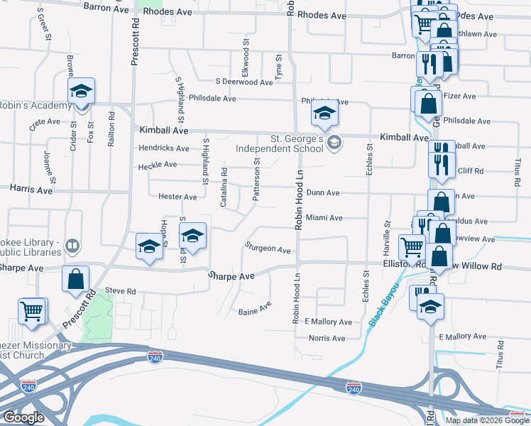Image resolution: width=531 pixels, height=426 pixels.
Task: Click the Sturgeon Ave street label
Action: point(268,250)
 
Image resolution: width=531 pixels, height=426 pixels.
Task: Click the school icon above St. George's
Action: point(324,114)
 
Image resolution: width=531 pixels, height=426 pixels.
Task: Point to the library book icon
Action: point(72,246)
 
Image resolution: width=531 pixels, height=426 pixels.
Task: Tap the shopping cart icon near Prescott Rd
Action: point(32,312)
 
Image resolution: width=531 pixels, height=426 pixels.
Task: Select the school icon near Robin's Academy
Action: point(82,92)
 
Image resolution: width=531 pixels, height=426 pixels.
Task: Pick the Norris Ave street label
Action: point(326,338)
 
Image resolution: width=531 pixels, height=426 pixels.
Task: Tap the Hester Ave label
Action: point(177,197)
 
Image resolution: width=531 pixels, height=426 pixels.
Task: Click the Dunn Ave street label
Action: point(323,192)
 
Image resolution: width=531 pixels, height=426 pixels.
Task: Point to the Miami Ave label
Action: point(324,218)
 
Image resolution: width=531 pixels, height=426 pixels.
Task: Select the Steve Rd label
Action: point(119,291)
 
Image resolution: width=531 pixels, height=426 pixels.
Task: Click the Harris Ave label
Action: point(31,190)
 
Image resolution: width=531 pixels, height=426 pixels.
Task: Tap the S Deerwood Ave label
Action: point(244,82)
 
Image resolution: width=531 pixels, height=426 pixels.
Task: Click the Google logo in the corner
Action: point(23,417)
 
